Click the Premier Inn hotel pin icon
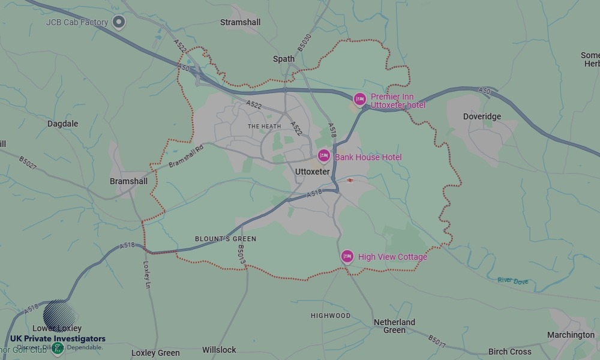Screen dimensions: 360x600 tap(359, 99)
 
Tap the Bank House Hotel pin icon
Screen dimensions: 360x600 tap(324, 157)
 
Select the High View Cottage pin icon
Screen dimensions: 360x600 tap(347, 257)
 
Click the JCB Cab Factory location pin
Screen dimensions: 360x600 tap(119, 22)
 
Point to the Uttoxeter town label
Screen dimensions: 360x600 tap(313, 172)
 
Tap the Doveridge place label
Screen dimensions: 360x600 tap(482, 116)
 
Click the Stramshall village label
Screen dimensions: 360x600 tap(241, 22)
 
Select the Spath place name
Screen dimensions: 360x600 tap(284, 59)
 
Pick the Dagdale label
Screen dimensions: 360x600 tap(63, 124)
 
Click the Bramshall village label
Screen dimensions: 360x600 tap(128, 181)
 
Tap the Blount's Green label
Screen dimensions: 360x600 tap(226, 239)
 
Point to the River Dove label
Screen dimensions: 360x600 tap(512, 280)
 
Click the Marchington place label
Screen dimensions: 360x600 tap(571, 335)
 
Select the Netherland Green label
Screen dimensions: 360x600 tap(394, 326)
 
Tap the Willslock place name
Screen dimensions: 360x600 tap(219, 350)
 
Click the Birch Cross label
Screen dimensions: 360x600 tap(510, 352)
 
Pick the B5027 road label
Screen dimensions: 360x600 tap(28, 162)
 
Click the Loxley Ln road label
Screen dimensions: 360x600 tap(147, 274)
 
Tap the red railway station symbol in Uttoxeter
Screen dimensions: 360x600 tap(350, 180)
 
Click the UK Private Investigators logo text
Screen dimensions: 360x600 tap(58, 339)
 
